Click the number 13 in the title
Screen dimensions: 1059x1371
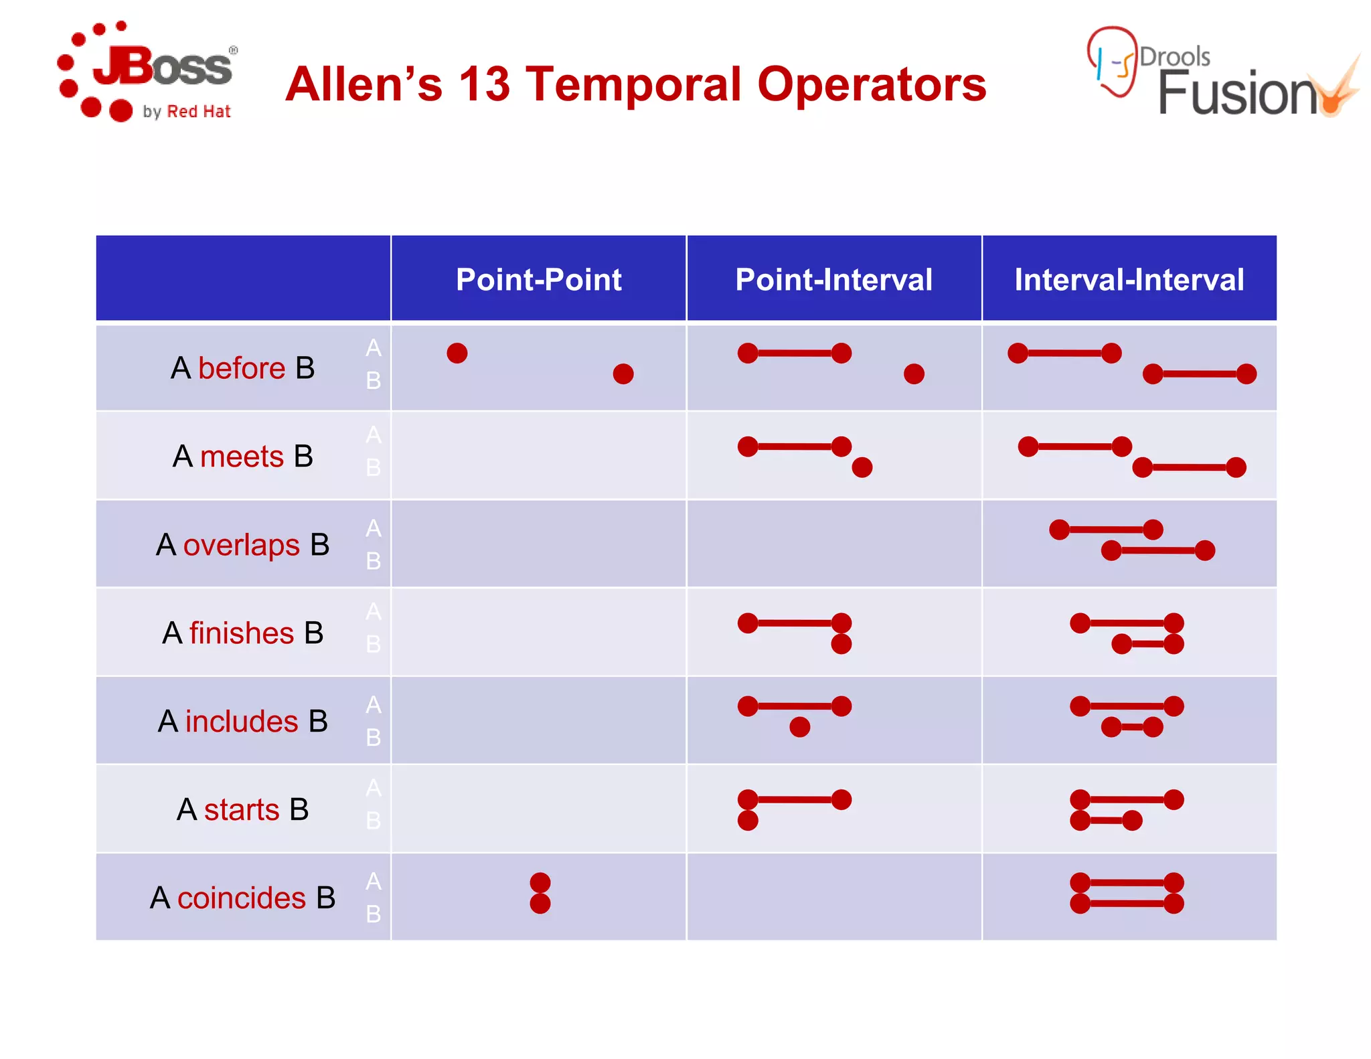click(x=484, y=85)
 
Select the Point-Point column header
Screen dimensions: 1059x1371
click(x=538, y=279)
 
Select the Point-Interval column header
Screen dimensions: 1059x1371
click(x=833, y=279)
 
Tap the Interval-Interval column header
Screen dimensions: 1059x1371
click(x=1129, y=279)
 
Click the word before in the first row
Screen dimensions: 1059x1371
click(x=242, y=368)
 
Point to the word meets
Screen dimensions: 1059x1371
click(x=242, y=457)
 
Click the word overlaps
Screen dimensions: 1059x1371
click(x=241, y=545)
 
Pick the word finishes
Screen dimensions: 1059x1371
click(x=242, y=633)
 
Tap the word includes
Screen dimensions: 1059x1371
click(x=242, y=722)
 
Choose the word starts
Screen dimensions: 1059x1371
click(x=242, y=810)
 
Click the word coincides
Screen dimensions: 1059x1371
click(x=242, y=898)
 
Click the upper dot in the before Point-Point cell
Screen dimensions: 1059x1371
click(x=457, y=353)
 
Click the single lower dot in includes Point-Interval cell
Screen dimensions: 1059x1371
click(x=799, y=727)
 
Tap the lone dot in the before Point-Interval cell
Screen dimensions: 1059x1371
click(x=914, y=374)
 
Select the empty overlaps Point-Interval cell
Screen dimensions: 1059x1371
click(x=833, y=544)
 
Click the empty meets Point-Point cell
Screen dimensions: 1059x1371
click(x=538, y=456)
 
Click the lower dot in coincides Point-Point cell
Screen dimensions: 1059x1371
click(x=540, y=904)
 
